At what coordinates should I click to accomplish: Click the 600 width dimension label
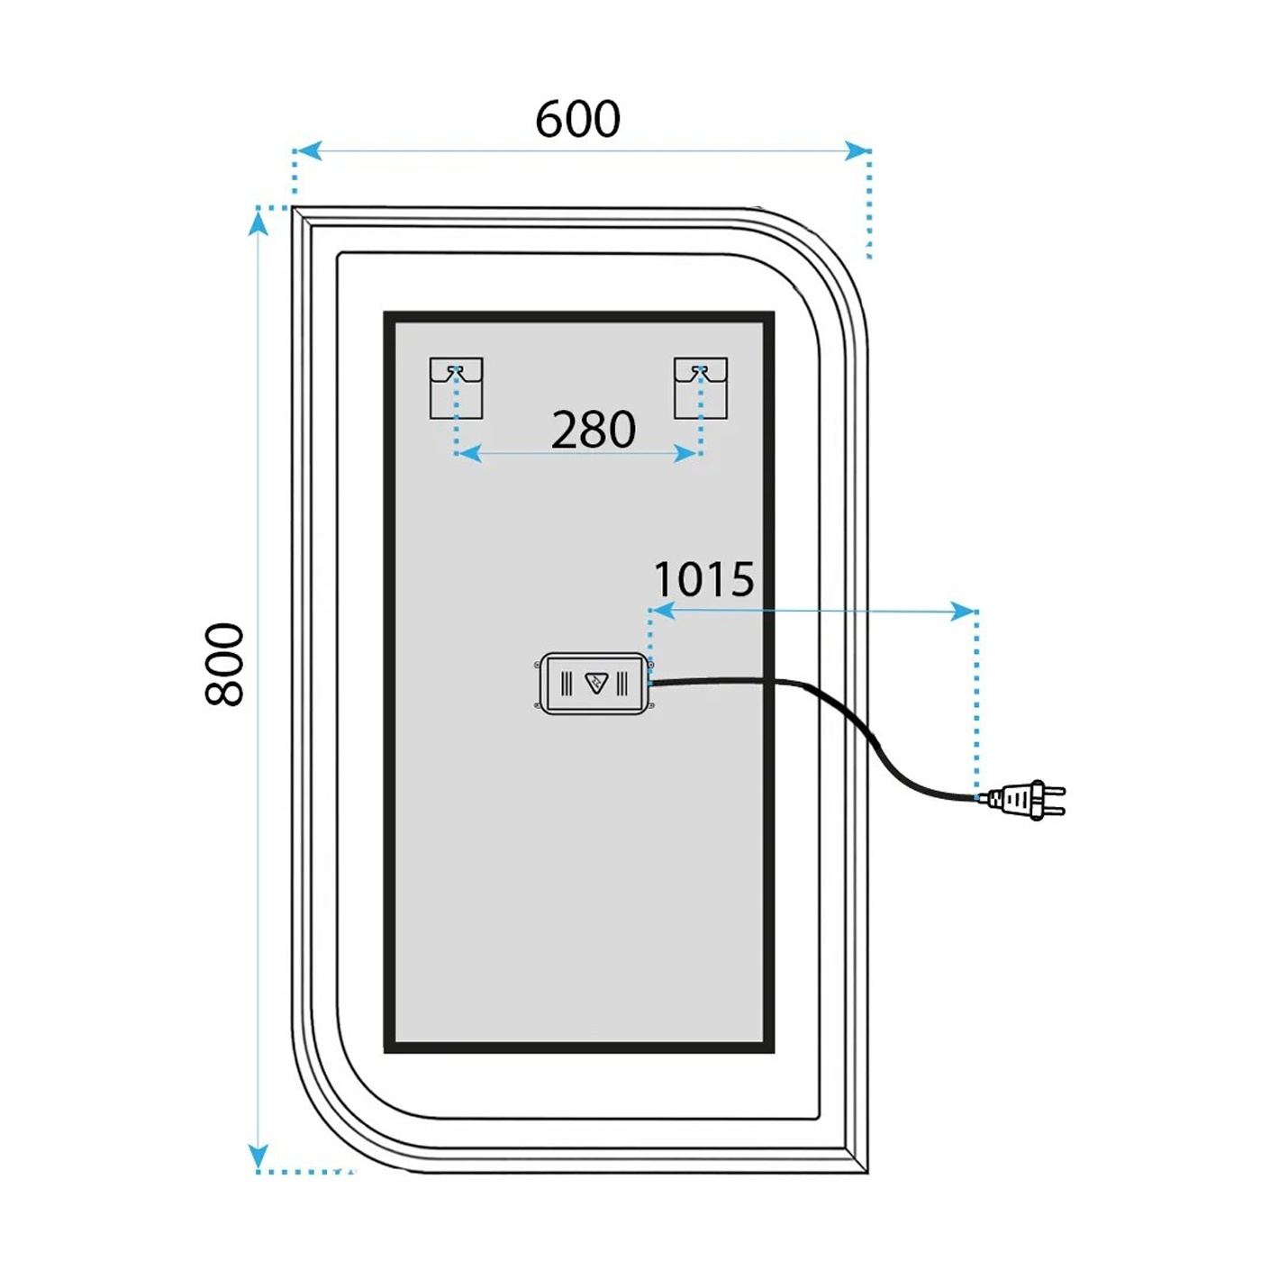coord(577,120)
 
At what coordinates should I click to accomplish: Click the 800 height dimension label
coord(223,664)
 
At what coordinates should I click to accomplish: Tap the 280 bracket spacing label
coord(593,430)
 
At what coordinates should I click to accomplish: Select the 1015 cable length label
coord(704,578)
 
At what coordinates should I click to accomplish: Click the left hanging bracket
coord(456,388)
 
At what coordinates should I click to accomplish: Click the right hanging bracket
coord(701,388)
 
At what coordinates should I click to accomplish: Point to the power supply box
coord(594,683)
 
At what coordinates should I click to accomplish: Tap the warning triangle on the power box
coord(594,683)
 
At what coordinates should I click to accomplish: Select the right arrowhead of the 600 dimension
coord(856,151)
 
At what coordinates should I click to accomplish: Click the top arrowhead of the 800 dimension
coord(259,222)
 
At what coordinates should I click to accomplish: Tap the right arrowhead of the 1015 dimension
coord(963,612)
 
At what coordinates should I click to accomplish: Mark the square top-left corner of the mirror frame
coord(294,209)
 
